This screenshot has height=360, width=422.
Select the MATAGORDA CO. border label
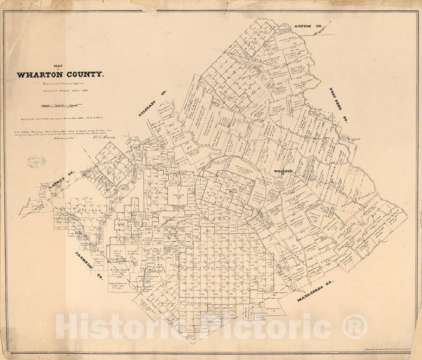click(303, 291)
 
